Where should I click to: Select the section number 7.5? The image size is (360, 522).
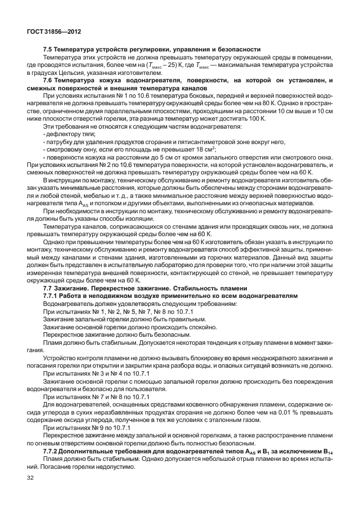point(49,50)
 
